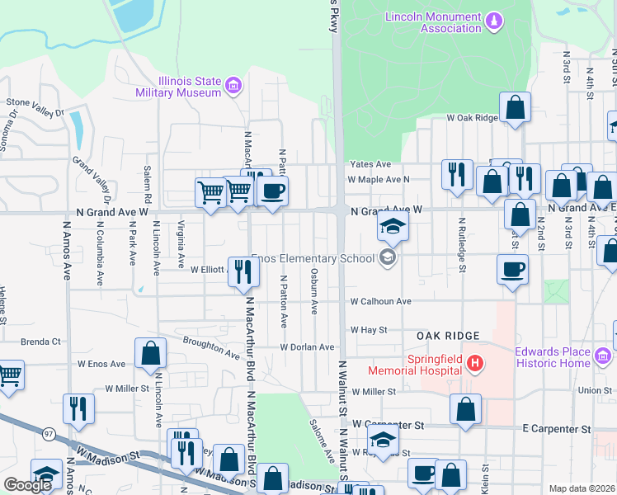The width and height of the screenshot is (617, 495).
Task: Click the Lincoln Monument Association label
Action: click(x=434, y=22)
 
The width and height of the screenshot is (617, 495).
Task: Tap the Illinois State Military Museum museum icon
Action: click(x=233, y=86)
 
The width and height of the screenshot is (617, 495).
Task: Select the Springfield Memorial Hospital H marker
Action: click(x=473, y=362)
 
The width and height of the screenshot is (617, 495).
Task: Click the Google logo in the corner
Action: click(x=27, y=484)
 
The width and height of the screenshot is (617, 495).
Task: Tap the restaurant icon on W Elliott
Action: click(x=243, y=271)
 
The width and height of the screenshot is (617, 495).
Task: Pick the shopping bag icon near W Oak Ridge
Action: click(x=515, y=107)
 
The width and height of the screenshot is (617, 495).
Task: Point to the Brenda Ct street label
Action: click(x=40, y=341)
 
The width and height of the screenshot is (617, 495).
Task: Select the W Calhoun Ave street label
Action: click(x=380, y=302)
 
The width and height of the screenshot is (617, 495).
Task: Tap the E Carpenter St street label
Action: click(x=557, y=429)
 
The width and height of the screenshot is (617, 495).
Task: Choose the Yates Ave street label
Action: click(x=370, y=164)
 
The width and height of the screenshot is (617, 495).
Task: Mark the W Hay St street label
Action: click(x=369, y=329)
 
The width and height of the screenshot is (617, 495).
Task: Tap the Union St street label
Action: click(x=595, y=390)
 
